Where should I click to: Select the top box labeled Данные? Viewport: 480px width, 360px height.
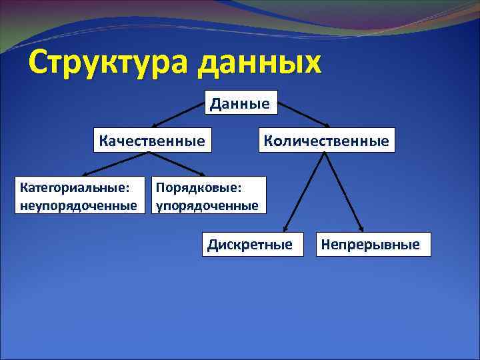click(240, 103)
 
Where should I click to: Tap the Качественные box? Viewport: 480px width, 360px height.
click(152, 140)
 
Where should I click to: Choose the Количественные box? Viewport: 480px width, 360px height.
click(326, 140)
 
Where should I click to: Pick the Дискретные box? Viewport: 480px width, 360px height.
click(249, 244)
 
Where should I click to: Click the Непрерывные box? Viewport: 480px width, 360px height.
click(371, 244)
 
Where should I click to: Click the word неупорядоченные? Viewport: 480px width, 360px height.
click(82, 205)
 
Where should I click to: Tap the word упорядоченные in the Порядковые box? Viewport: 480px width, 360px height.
click(207, 205)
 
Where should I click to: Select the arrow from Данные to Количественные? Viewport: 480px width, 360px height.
click(303, 115)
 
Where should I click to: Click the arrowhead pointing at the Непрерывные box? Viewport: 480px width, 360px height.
click(361, 227)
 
